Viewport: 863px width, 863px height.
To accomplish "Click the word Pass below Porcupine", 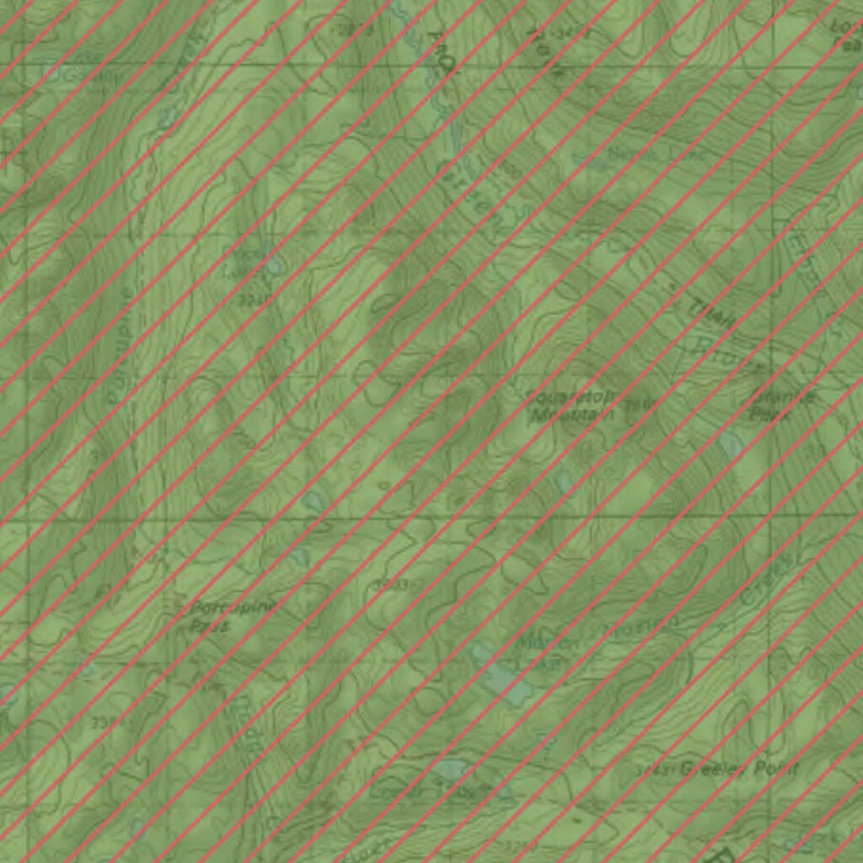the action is point(209,626).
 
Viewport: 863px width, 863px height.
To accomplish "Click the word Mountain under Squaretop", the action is point(573,414).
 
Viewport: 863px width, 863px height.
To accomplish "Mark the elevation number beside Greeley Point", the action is point(653,769).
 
